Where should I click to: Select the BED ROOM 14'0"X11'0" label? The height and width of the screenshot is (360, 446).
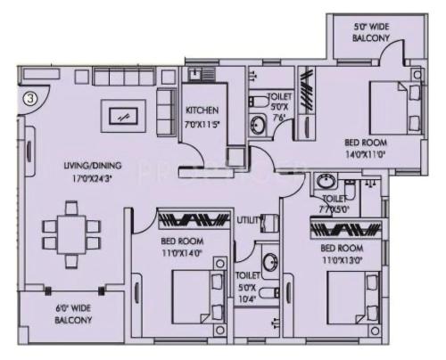[367, 148]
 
